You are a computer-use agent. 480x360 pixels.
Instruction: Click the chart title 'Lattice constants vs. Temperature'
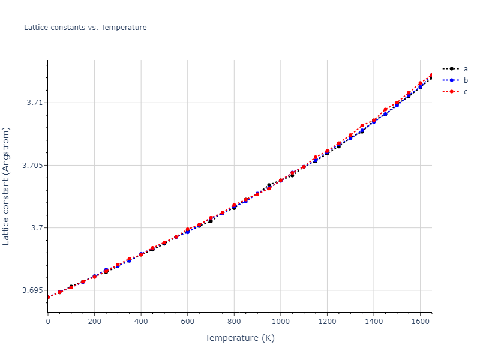85,28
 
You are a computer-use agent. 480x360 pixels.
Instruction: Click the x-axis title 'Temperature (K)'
239,338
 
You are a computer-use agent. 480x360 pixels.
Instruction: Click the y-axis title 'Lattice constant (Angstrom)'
7,185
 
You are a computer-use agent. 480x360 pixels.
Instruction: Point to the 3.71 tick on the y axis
35,103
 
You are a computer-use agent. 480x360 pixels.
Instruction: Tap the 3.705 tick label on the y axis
33,165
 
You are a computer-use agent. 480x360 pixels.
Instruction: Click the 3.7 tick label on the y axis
37,228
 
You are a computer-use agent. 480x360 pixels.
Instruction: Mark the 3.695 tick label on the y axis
33,290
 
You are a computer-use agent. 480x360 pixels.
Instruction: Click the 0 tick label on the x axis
48,322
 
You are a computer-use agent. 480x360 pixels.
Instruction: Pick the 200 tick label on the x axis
94,322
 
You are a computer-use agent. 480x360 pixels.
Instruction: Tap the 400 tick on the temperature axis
141,322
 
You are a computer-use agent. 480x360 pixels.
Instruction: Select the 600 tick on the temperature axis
187,322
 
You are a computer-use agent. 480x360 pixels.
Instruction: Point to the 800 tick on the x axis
234,322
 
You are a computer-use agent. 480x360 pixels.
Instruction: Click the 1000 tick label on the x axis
280,322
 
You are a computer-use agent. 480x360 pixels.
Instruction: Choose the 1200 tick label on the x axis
327,322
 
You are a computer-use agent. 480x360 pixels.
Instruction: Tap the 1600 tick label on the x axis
420,322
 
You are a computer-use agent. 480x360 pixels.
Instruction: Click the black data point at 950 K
269,185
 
